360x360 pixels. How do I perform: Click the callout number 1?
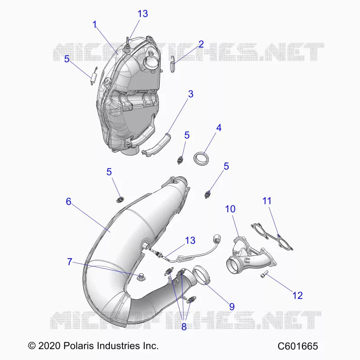pyautogui.click(x=94, y=25)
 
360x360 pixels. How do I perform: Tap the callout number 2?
pyautogui.click(x=201, y=44)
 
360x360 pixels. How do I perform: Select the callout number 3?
pyautogui.click(x=190, y=94)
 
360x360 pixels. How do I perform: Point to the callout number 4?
pyautogui.click(x=219, y=128)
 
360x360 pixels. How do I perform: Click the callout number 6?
pyautogui.click(x=68, y=201)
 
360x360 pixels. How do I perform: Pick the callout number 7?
pyautogui.click(x=70, y=262)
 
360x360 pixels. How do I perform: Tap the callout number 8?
pyautogui.click(x=184, y=327)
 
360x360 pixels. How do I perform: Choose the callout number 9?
pyautogui.click(x=232, y=306)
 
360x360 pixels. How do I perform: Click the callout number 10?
pyautogui.click(x=230, y=209)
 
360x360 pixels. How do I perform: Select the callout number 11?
pyautogui.click(x=267, y=201)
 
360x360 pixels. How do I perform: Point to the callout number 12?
pyautogui.click(x=297, y=295)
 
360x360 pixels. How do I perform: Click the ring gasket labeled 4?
pyautogui.click(x=202, y=158)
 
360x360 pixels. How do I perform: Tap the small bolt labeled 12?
pyautogui.click(x=265, y=274)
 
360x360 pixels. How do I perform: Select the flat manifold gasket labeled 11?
pyautogui.click(x=272, y=237)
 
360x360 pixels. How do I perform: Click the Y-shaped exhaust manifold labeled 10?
pyautogui.click(x=251, y=256)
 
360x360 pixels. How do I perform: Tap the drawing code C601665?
pyautogui.click(x=298, y=346)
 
